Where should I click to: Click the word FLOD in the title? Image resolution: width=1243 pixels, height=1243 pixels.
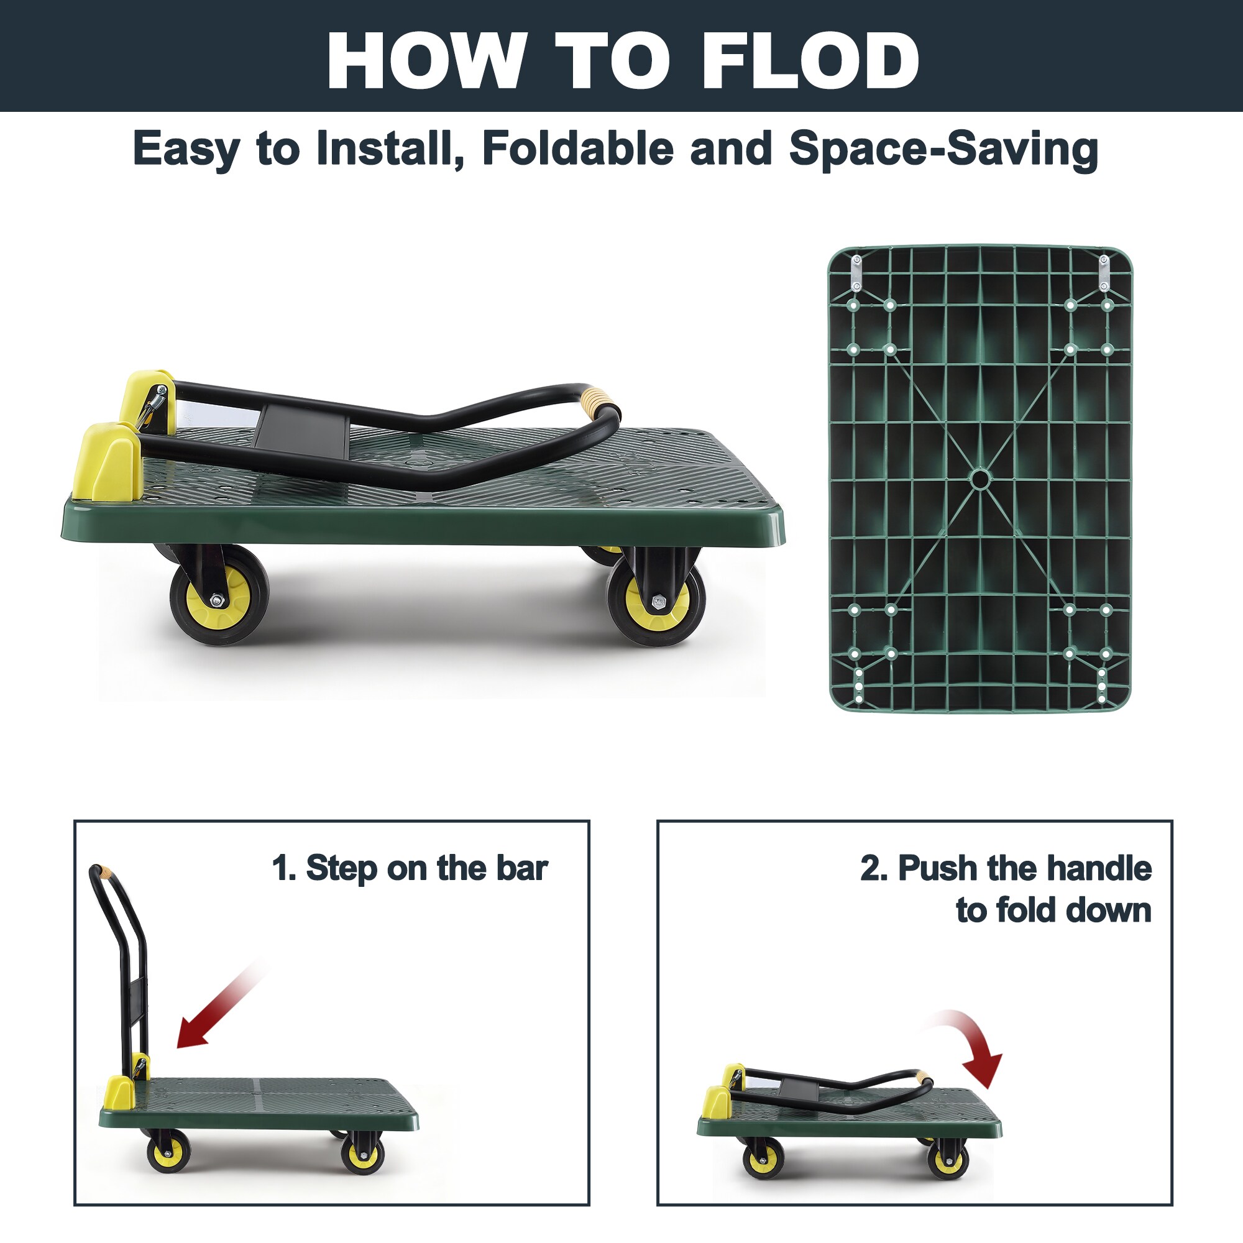tap(810, 60)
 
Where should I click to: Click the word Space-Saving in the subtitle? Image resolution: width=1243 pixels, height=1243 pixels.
tap(943, 150)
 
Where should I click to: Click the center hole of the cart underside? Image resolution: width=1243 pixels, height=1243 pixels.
tap(980, 479)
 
